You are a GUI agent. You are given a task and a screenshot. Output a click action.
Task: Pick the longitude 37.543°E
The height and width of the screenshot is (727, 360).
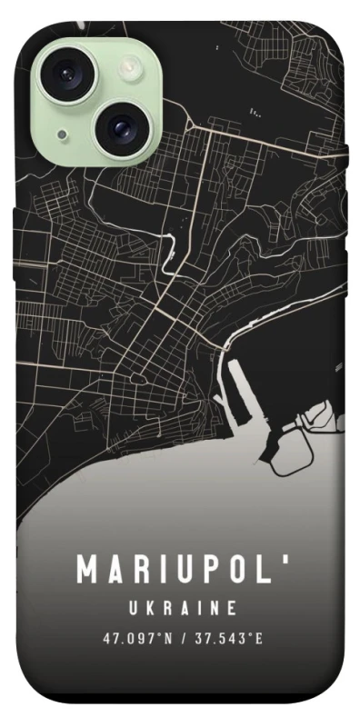tap(227, 639)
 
